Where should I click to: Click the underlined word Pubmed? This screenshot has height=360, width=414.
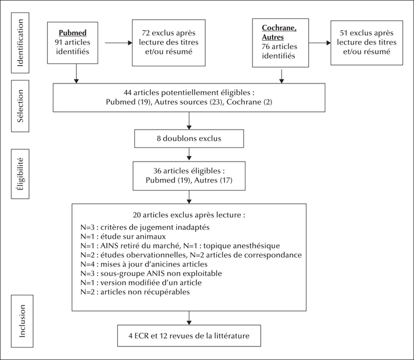click(73, 33)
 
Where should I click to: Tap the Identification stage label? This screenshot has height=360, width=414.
click(20, 43)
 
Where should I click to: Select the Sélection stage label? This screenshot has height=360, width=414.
click(20, 106)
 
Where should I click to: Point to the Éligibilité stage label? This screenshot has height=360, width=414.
click(20, 174)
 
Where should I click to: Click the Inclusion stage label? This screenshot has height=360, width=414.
click(22, 321)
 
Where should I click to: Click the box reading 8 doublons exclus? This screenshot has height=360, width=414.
click(189, 139)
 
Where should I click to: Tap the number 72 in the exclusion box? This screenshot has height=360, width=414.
click(145, 33)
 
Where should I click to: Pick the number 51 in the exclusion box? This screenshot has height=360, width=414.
click(344, 33)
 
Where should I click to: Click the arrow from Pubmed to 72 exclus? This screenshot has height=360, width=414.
click(118, 43)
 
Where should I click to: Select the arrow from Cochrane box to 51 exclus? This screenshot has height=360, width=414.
click(320, 43)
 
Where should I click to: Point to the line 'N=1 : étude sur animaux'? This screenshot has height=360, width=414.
click(123, 236)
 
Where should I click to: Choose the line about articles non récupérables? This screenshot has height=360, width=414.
click(135, 292)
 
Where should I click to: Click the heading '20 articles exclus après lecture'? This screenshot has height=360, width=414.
click(189, 215)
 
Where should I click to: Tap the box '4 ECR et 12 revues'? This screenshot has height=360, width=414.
click(189, 336)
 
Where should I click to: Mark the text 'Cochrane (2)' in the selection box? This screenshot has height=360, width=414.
click(249, 102)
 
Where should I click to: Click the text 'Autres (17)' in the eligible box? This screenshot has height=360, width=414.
click(214, 180)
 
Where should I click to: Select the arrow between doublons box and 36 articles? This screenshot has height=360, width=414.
click(189, 154)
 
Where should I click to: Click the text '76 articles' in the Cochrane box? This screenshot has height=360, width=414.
click(279, 47)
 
